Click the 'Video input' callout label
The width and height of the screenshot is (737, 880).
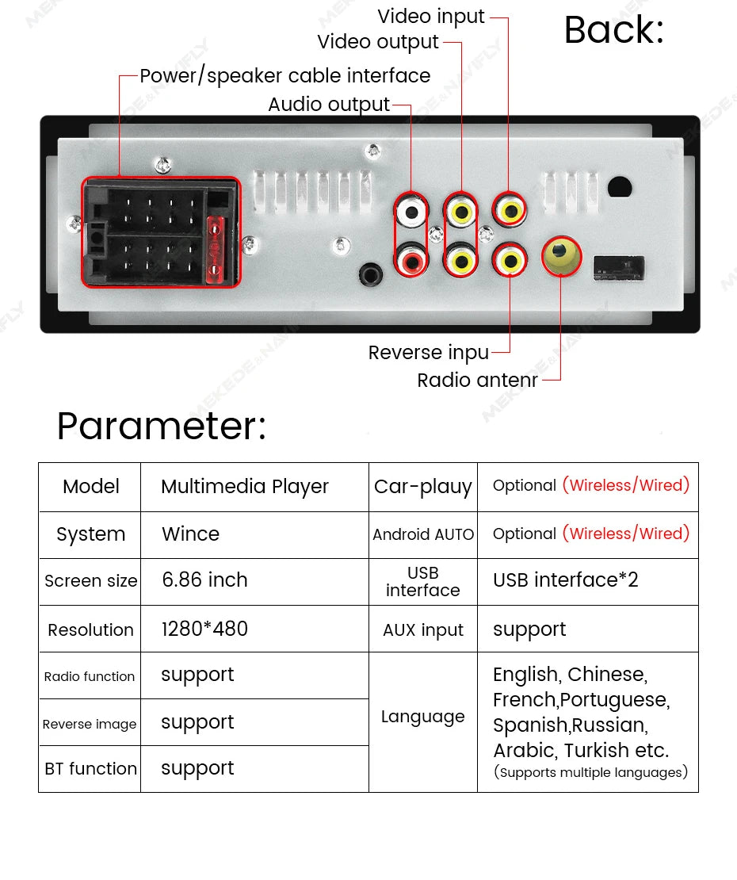tap(430, 17)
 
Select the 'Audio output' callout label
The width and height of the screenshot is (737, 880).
tap(329, 105)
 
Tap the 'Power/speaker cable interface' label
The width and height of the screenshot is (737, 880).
tap(284, 76)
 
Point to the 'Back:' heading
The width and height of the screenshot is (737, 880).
tap(613, 31)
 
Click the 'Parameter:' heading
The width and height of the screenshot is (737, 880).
tap(162, 427)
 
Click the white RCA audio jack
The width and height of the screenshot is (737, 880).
tap(411, 212)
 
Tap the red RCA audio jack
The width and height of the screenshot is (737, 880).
tap(411, 259)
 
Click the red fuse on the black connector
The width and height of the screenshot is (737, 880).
tap(214, 249)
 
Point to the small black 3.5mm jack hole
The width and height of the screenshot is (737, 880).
tap(368, 274)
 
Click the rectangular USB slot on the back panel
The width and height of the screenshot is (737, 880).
tap(619, 267)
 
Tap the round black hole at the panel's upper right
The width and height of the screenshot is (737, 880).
tap(619, 188)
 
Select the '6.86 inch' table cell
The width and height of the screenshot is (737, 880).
tap(204, 580)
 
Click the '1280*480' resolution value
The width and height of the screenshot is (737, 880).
tap(204, 629)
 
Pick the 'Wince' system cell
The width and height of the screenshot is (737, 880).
tap(190, 534)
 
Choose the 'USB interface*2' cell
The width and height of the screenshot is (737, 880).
tap(565, 580)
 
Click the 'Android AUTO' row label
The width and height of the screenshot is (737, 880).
tap(423, 534)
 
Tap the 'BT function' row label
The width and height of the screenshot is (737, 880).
tap(90, 769)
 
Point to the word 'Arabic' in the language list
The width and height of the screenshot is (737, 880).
tap(524, 750)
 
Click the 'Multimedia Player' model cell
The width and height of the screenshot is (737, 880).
tap(244, 487)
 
